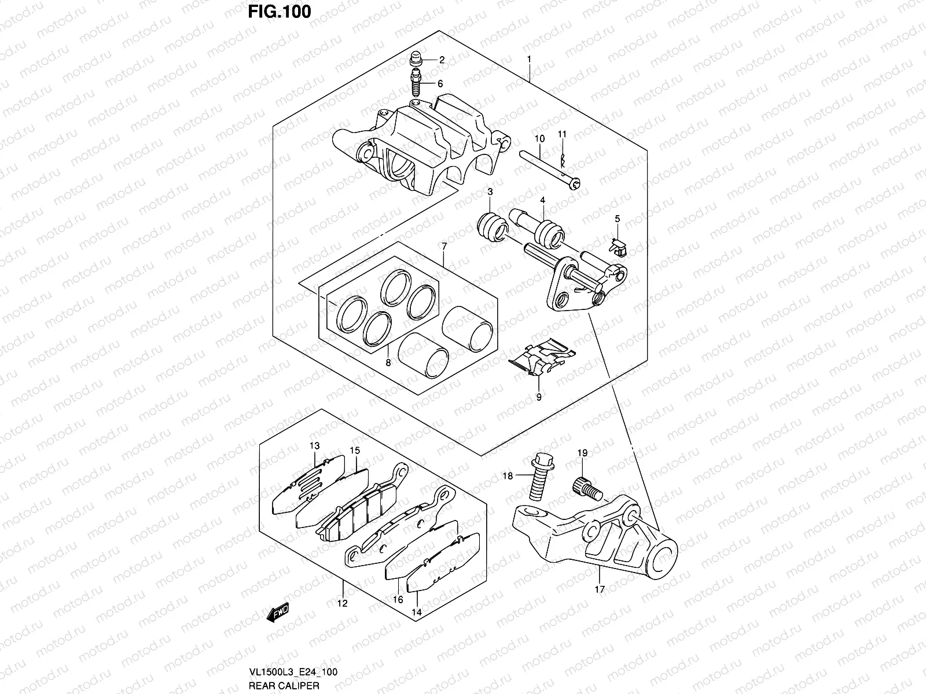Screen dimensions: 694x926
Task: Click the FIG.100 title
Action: tap(279, 11)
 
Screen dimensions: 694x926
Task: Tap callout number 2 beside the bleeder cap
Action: tap(441, 60)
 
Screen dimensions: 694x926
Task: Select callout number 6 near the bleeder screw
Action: tap(440, 84)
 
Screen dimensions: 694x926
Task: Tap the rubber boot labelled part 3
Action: tap(491, 228)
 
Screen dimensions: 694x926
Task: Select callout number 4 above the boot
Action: tap(543, 200)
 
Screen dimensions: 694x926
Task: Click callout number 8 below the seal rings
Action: tap(388, 363)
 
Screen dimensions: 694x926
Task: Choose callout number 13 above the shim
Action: tap(314, 446)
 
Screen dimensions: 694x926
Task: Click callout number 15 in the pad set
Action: tap(355, 450)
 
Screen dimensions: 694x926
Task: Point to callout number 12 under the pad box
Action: tap(343, 604)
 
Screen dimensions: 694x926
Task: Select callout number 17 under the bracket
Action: tap(599, 589)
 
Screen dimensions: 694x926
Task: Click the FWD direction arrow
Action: tap(277, 612)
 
